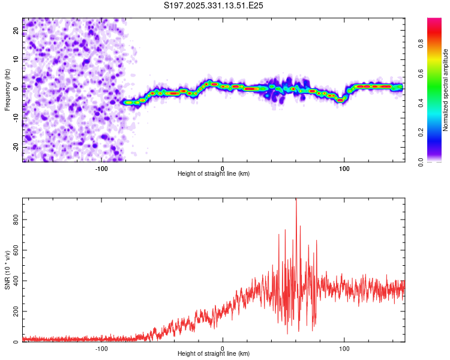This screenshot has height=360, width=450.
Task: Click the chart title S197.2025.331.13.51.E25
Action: (x=214, y=5)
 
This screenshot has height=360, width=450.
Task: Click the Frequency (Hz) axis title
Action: (x=7, y=90)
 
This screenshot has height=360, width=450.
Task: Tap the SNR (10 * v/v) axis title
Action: (x=7, y=270)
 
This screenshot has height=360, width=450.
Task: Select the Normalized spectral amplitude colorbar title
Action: (x=446, y=90)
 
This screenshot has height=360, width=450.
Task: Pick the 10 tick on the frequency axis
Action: (x=16, y=59)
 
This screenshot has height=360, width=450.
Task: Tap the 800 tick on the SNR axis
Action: (x=16, y=220)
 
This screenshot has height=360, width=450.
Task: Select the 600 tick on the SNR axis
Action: (x=16, y=251)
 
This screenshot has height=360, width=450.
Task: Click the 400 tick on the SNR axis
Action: (x=16, y=281)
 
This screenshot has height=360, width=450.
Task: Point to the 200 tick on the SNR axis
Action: (x=16, y=312)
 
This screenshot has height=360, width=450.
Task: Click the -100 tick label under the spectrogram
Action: (x=101, y=168)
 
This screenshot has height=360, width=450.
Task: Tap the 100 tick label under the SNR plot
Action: (x=344, y=348)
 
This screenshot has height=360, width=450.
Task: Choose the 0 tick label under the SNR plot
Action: (x=223, y=348)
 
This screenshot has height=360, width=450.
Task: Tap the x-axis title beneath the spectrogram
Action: (x=214, y=174)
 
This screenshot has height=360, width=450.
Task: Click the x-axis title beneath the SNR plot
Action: (x=214, y=354)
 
